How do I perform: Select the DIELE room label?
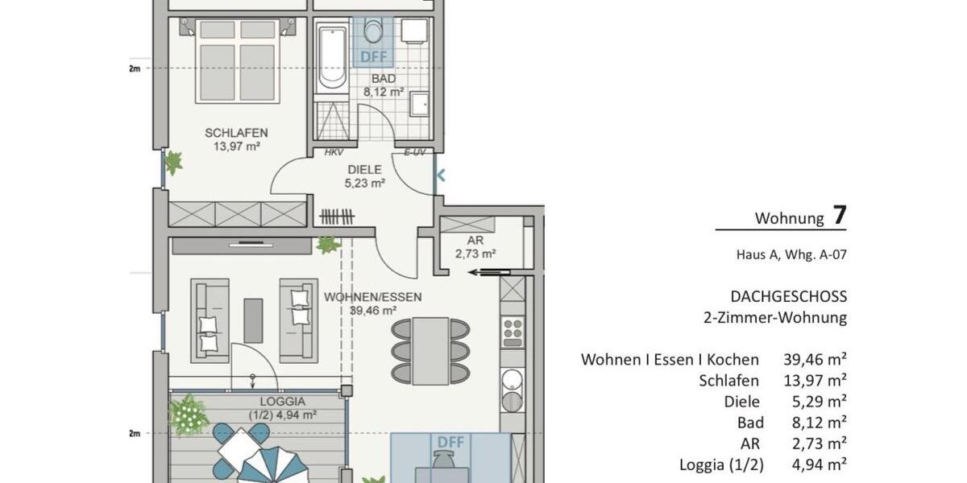364,175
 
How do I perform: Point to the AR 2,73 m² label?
475,247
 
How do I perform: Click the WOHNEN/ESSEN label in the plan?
372,303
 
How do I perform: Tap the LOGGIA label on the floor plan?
282,408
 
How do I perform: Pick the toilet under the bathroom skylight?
374,32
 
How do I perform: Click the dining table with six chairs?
430,350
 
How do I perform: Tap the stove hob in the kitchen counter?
513,331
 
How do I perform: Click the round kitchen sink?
513,380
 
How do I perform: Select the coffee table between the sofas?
253,320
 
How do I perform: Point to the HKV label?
334,152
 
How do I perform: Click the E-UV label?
413,152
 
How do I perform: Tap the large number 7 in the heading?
840,215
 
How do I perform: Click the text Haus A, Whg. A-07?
791,255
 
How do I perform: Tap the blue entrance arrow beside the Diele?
441,174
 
